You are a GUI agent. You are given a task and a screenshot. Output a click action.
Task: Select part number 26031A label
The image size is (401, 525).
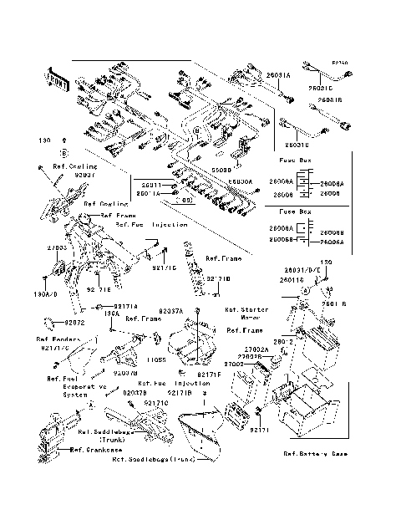[278, 75]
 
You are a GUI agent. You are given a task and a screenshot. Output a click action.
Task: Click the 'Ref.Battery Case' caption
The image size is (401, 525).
[315, 454]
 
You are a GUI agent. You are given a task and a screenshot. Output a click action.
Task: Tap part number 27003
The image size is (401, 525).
[57, 247]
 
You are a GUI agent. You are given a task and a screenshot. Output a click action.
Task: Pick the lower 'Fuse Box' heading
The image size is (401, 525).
[295, 212]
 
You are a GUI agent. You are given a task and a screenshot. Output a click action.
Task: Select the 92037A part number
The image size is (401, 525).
[170, 311]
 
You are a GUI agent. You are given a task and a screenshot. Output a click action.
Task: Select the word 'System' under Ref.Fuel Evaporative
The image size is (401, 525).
[75, 395]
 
